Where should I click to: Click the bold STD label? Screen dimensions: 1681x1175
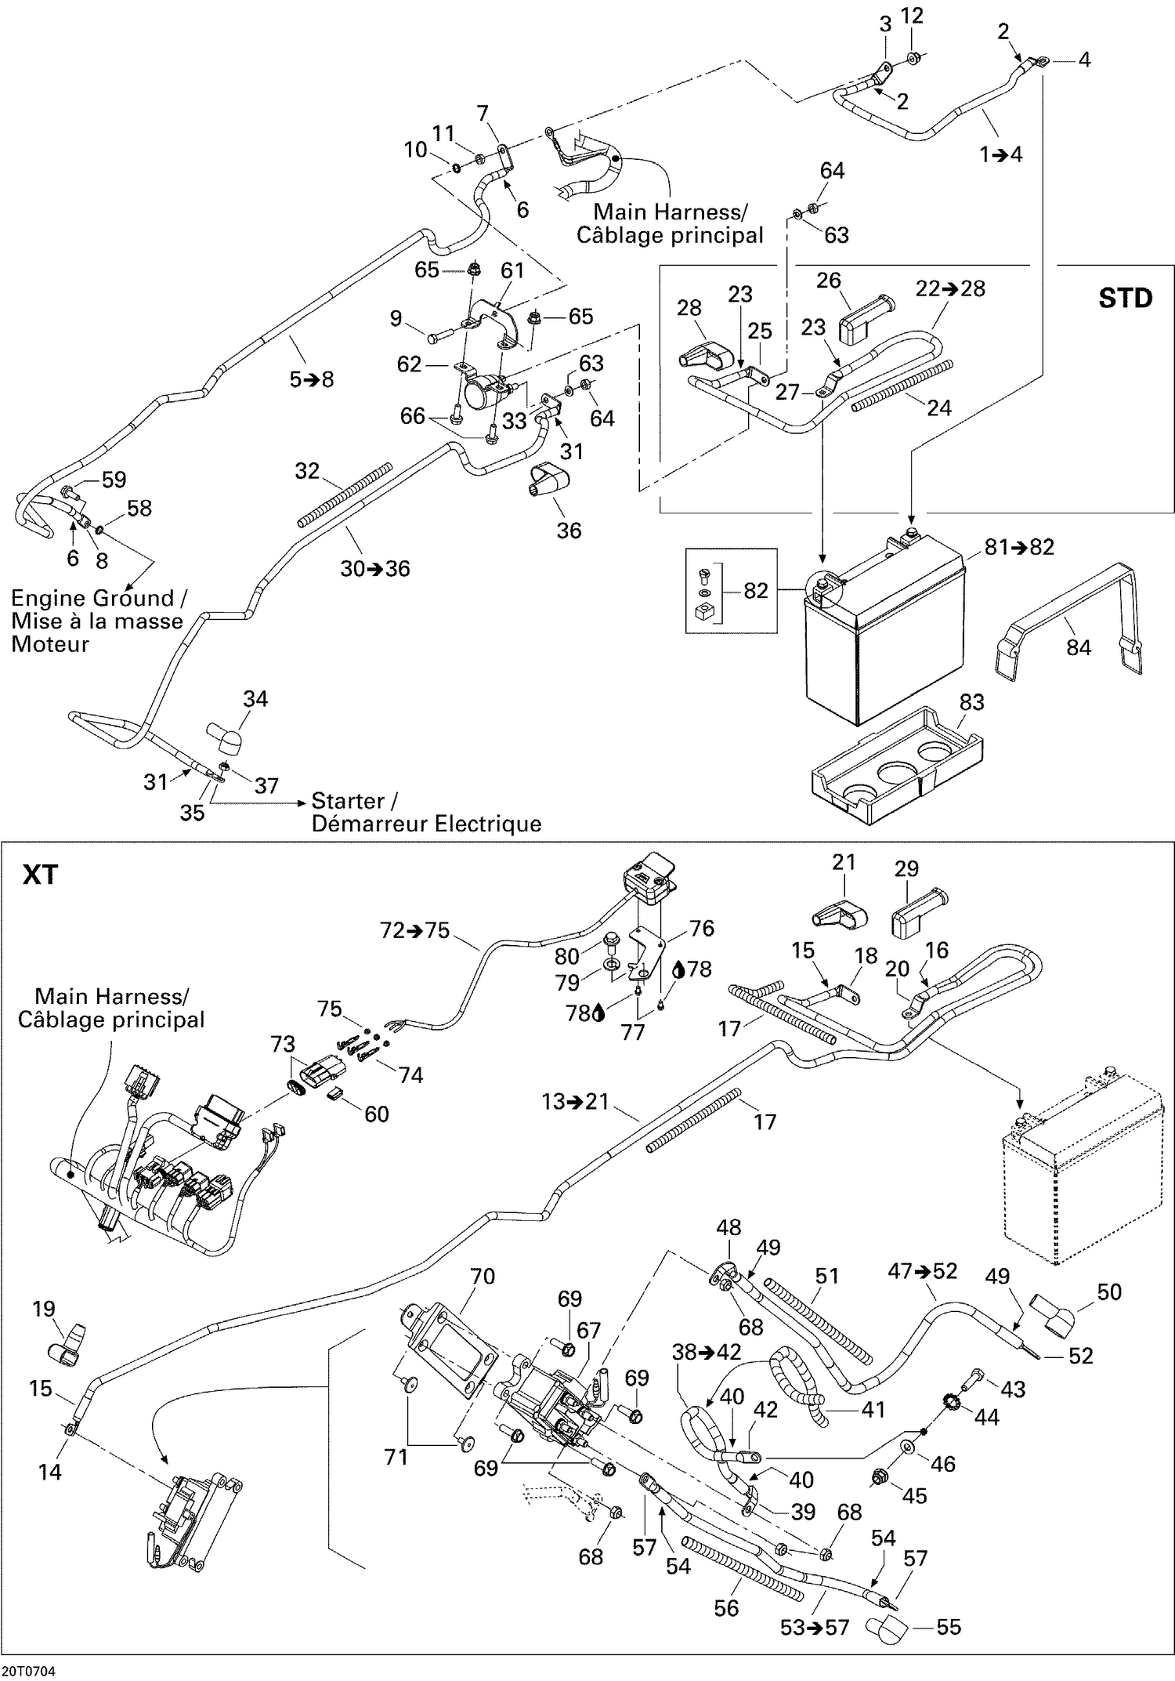[x=1125, y=298]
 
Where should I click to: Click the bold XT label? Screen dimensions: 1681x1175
[x=40, y=874]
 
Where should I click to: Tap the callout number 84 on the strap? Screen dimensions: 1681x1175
[x=1078, y=647]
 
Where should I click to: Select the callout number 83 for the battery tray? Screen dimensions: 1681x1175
[x=971, y=702]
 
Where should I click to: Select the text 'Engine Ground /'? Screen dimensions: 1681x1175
[x=99, y=599]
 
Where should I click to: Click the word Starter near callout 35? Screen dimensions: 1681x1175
[x=348, y=801]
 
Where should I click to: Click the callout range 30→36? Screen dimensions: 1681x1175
[x=375, y=568]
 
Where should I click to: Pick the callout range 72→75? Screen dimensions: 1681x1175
[x=414, y=930]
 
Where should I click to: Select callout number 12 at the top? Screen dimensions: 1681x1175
[x=913, y=16]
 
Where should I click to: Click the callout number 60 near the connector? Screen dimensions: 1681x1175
[x=377, y=1114]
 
